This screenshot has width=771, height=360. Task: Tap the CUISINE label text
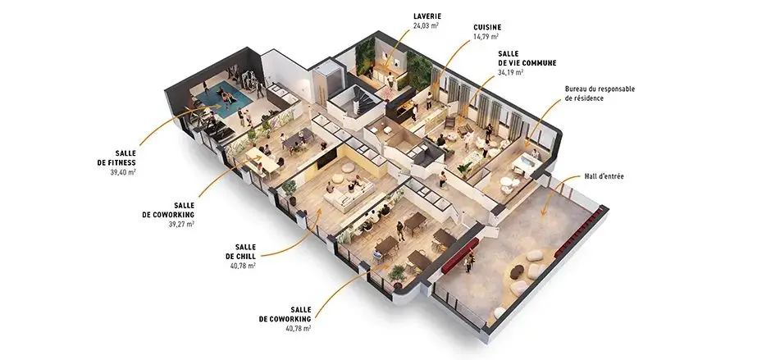pos(487,28)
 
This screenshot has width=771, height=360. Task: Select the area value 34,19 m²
pos(510,72)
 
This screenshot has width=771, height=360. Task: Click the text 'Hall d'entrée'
pos(604,176)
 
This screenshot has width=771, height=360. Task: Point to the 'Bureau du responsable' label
pos(600,89)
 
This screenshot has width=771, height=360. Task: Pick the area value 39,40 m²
pos(123,172)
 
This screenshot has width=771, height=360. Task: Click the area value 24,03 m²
pos(426,25)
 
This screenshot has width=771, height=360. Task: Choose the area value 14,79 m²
pos(486,37)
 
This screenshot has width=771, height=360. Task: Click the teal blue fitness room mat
pos(224,100)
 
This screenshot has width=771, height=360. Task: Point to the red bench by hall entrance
pos(460,256)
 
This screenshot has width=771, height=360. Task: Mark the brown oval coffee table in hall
pos(517,271)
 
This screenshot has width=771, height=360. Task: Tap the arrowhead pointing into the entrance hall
pos(543,212)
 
